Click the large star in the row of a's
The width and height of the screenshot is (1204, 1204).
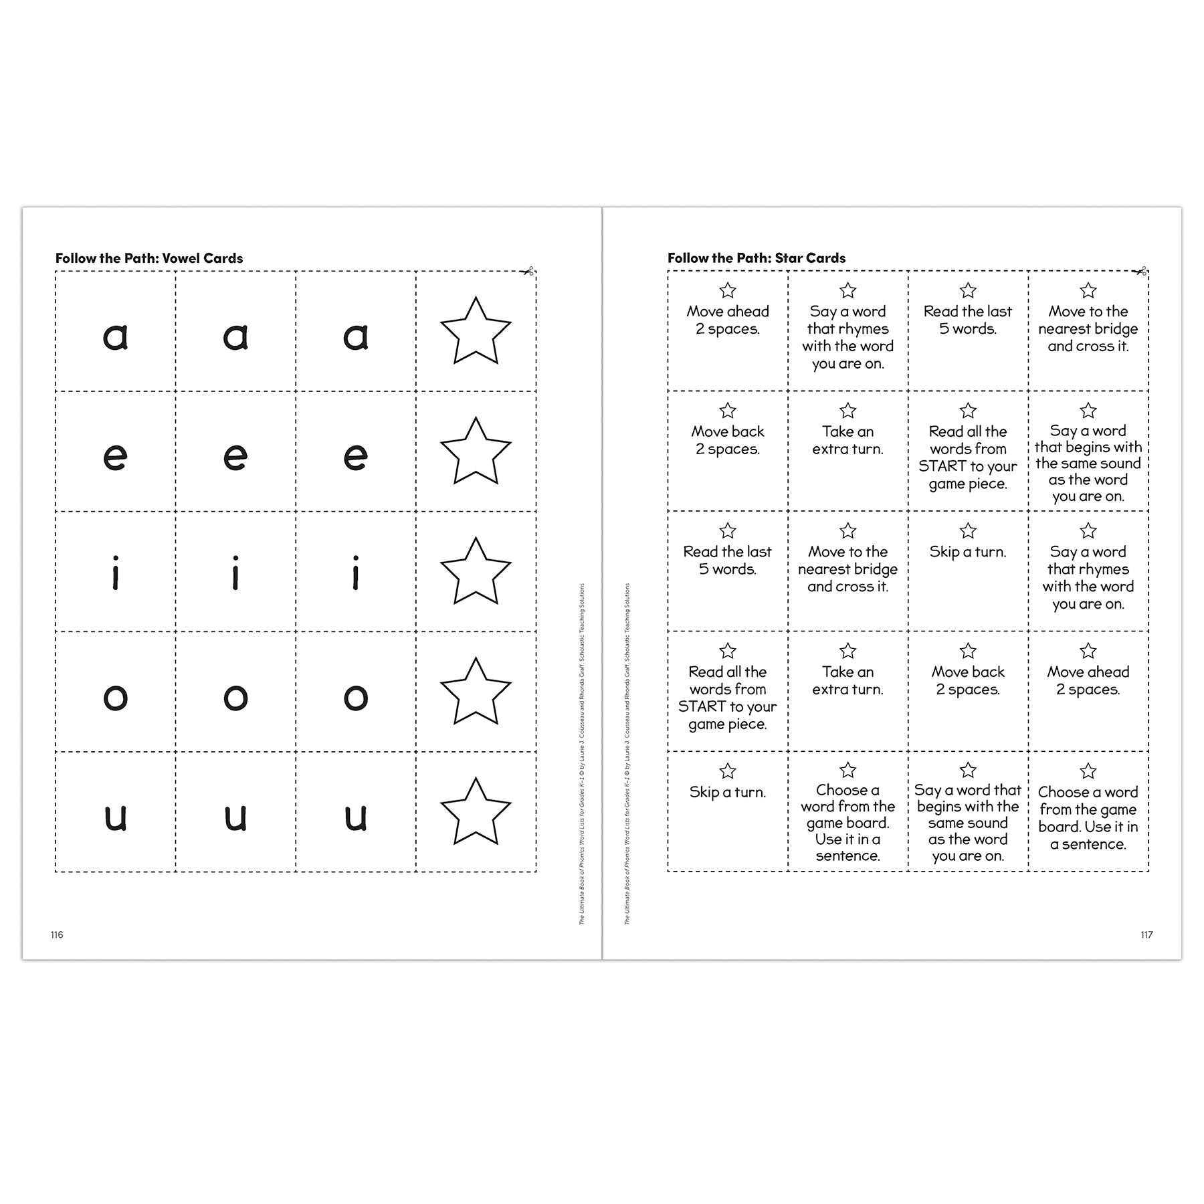click(476, 332)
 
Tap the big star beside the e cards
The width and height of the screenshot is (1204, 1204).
click(476, 451)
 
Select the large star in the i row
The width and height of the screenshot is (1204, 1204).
click(476, 572)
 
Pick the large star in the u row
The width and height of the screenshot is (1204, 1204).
click(476, 812)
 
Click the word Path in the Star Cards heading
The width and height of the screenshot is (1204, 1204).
click(753, 258)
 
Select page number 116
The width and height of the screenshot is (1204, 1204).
click(57, 934)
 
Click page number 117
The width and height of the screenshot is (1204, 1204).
click(1146, 934)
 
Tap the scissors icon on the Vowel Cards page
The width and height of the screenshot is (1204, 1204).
click(527, 271)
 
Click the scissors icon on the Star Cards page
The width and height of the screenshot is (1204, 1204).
click(1140, 271)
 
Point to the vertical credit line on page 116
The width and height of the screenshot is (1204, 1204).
click(581, 754)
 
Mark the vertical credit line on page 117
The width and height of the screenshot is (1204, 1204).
click(627, 754)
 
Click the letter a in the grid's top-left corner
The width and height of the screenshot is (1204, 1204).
click(115, 336)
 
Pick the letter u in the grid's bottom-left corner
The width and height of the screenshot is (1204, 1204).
click(115, 817)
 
